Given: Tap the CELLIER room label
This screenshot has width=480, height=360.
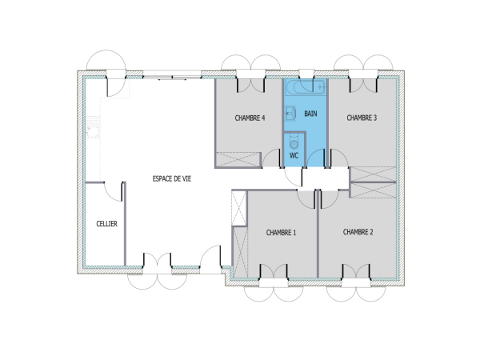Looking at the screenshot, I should pyautogui.click(x=106, y=224).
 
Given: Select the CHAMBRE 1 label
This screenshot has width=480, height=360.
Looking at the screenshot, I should pyautogui.click(x=281, y=233).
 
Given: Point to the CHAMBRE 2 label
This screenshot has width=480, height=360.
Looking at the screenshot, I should pyautogui.click(x=358, y=232).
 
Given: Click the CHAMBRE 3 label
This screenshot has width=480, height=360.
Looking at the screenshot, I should pyautogui.click(x=362, y=117).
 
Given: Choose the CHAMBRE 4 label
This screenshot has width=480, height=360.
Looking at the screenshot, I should pyautogui.click(x=250, y=118).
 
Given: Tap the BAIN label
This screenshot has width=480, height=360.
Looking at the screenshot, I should pyautogui.click(x=310, y=114).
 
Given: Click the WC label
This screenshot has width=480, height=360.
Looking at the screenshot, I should pyautogui.click(x=294, y=155).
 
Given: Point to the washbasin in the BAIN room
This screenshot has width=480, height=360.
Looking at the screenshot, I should pyautogui.click(x=291, y=113).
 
